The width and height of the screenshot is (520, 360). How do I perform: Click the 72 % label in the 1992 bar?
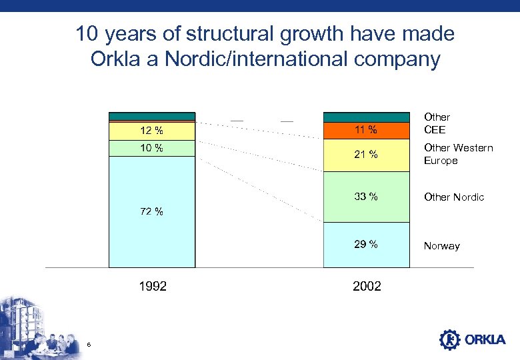[152, 212]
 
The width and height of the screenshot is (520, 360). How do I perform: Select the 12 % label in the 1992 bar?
[152, 130]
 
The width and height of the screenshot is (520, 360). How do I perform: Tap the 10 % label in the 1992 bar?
[152, 147]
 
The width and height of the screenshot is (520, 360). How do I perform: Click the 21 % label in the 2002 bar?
[366, 155]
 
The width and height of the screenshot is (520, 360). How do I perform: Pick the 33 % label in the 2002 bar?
[366, 197]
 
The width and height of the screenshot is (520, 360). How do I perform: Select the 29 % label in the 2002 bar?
[366, 245]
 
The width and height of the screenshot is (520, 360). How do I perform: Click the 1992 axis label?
[153, 286]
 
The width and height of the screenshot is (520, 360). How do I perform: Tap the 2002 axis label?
[367, 286]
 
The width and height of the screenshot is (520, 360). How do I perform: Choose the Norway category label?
[441, 246]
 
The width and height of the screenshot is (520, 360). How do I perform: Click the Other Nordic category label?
[454, 197]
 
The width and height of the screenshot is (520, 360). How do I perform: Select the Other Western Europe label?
[458, 154]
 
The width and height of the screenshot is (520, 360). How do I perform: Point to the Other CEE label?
[437, 123]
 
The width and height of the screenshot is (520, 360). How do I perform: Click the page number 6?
[89, 344]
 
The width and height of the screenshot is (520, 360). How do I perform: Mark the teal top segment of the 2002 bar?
[366, 117]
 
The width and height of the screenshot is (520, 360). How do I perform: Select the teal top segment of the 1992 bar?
[152, 116]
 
